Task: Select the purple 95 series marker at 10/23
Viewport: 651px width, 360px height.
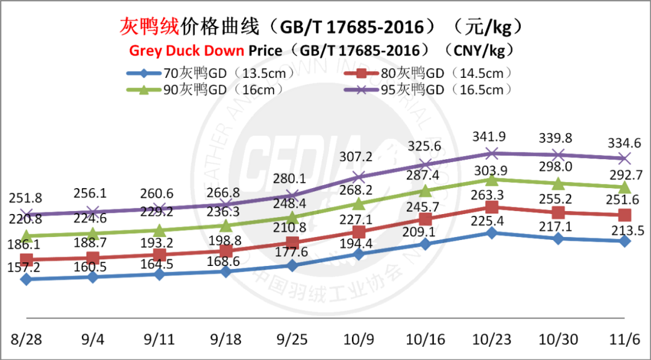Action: [x=492, y=153]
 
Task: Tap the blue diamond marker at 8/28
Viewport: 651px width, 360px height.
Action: [x=26, y=279]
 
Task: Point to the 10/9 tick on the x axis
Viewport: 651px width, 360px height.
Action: [x=359, y=339]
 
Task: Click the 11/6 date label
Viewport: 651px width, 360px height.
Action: [x=625, y=339]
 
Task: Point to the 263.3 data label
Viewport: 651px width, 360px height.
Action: [x=492, y=194]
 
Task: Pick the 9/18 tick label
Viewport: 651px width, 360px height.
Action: [x=226, y=339]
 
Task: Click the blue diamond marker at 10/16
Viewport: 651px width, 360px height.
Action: [x=426, y=244]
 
